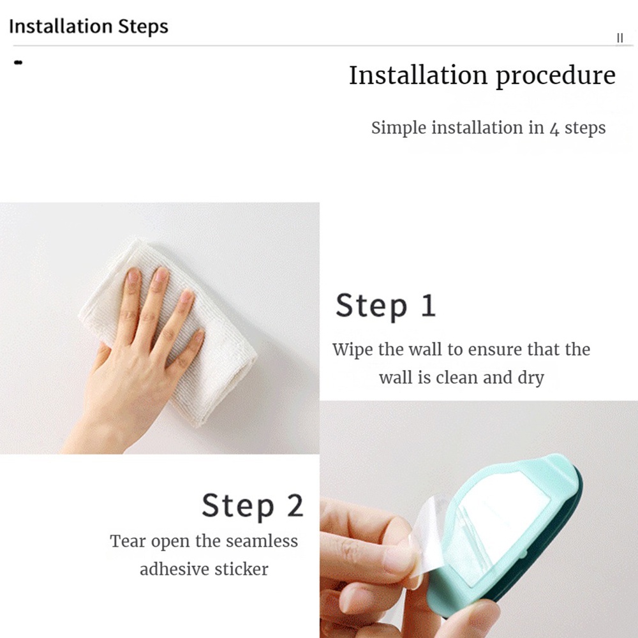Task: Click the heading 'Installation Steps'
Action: [88, 26]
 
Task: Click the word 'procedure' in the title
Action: [556, 77]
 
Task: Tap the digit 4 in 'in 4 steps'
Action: [554, 130]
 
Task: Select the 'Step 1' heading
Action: [386, 306]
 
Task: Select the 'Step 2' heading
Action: [253, 506]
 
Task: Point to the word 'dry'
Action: [531, 378]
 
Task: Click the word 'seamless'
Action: [262, 541]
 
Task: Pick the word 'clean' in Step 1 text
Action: [457, 378]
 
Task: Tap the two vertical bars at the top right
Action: [619, 38]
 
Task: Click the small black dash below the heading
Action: [18, 63]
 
